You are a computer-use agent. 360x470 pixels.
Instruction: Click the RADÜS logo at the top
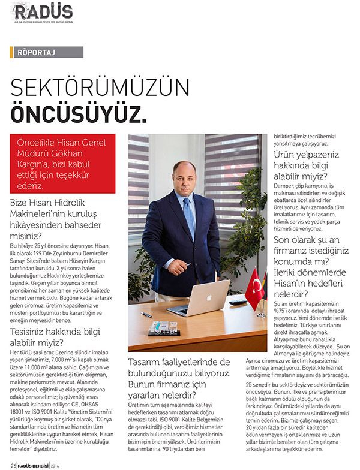(44, 11)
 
